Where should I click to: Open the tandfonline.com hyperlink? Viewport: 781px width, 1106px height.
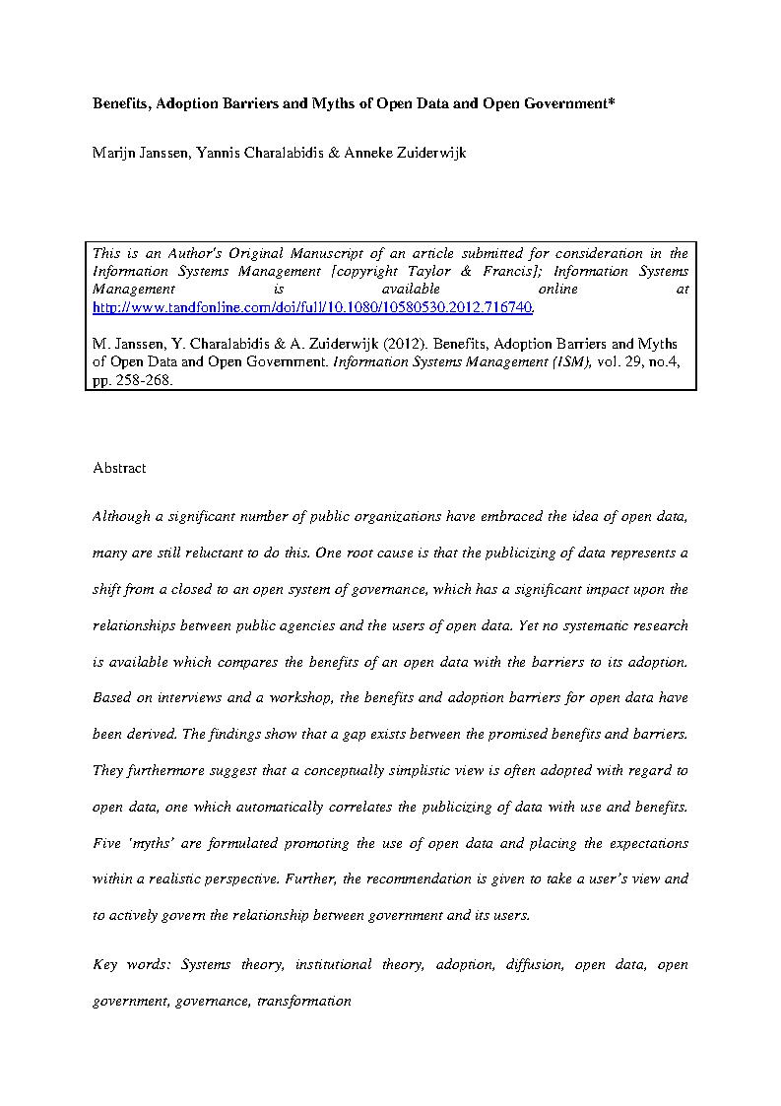click(313, 307)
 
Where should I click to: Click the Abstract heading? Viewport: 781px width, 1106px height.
click(119, 468)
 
